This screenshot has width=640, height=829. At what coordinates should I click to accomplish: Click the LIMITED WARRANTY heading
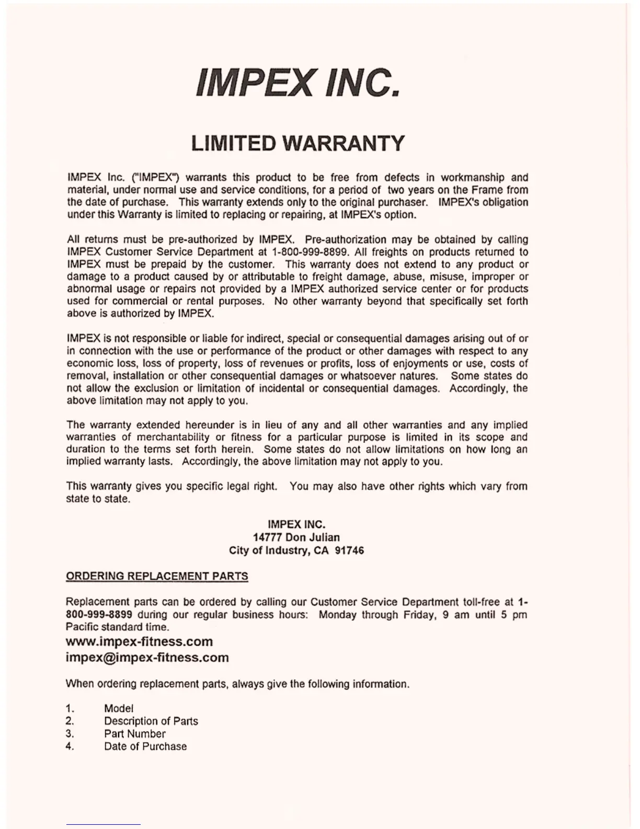click(x=298, y=143)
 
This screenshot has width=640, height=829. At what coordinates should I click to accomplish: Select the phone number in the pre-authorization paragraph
click(x=310, y=252)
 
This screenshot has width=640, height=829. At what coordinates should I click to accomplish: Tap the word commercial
click(x=140, y=301)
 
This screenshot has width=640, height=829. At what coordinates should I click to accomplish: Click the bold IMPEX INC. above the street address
click(x=296, y=524)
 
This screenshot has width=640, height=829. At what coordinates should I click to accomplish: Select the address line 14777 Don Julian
click(x=296, y=537)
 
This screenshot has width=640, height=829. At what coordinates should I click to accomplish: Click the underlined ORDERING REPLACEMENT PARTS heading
click(x=157, y=576)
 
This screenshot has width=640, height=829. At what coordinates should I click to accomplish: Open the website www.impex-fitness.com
click(x=139, y=642)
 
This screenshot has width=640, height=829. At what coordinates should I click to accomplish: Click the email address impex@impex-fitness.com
click(x=147, y=658)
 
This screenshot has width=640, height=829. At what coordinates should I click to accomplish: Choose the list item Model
click(x=119, y=709)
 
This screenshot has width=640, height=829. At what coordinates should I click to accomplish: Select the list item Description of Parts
click(x=151, y=721)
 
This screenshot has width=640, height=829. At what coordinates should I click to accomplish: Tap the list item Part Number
click(x=134, y=734)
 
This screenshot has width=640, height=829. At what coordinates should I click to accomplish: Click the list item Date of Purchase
click(x=145, y=746)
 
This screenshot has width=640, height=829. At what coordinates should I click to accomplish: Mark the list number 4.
click(x=70, y=746)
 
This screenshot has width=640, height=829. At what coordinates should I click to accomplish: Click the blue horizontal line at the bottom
click(x=104, y=825)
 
